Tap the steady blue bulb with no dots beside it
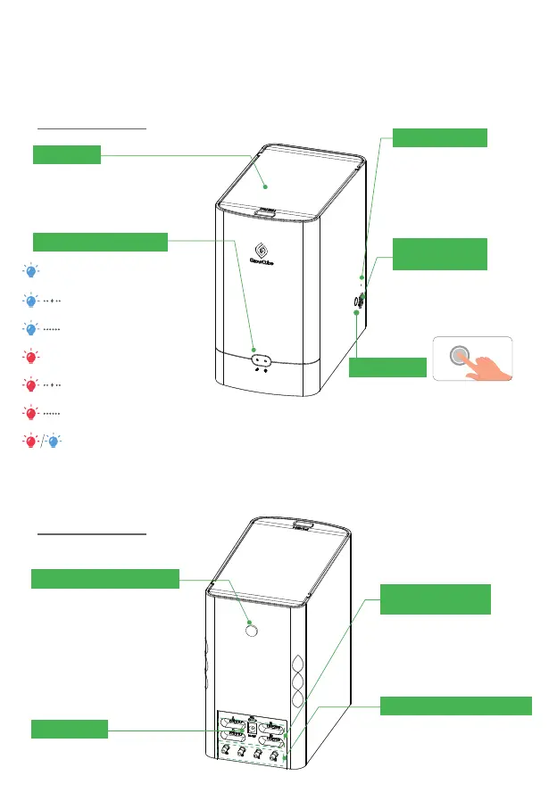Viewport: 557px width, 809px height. click(30, 271)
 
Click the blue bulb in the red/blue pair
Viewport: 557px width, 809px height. click(53, 442)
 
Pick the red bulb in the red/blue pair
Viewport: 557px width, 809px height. click(30, 442)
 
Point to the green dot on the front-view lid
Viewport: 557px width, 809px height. click(265, 188)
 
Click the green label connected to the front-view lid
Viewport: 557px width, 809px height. click(67, 155)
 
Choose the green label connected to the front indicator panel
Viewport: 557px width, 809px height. click(100, 242)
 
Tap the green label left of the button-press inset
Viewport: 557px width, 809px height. click(387, 367)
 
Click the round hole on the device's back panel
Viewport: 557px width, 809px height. click(250, 630)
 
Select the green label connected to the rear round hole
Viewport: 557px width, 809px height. click(105, 578)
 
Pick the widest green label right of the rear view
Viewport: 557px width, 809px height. click(456, 706)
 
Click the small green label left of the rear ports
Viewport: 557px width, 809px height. click(70, 729)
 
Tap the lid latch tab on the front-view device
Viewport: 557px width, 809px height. click(263, 212)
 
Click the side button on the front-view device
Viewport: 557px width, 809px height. click(357, 301)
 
